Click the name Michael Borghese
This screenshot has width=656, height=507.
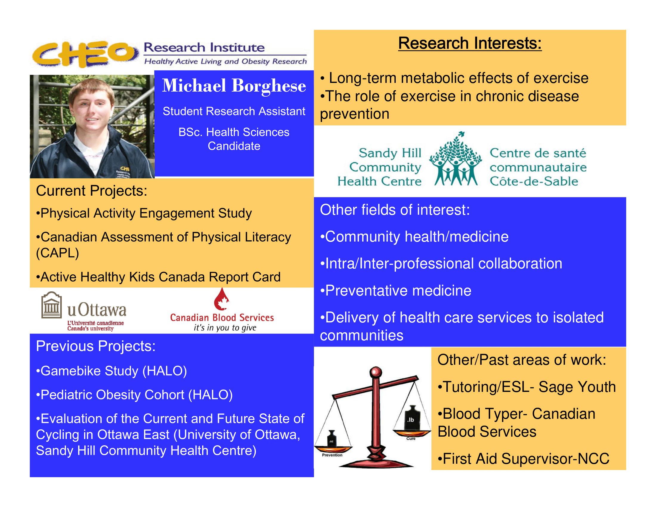tap(234, 86)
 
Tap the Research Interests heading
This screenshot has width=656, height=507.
tap(470, 43)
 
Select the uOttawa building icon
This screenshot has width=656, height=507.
tap(52, 305)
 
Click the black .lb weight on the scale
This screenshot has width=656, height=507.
tap(411, 418)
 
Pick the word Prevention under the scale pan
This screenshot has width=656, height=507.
tap(332, 455)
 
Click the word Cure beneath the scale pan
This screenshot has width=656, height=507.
tap(411, 438)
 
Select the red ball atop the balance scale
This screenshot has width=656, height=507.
tap(375, 372)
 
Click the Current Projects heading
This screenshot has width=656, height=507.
tap(92, 191)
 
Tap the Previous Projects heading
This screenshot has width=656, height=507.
tap(96, 346)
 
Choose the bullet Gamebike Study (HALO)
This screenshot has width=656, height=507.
tap(112, 371)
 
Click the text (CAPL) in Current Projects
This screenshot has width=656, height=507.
tap(57, 253)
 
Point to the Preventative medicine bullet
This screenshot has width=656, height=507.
tap(396, 291)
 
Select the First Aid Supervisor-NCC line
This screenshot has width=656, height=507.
tap(524, 459)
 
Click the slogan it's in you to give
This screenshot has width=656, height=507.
tap(225, 328)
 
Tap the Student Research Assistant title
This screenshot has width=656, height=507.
tap(234, 111)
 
